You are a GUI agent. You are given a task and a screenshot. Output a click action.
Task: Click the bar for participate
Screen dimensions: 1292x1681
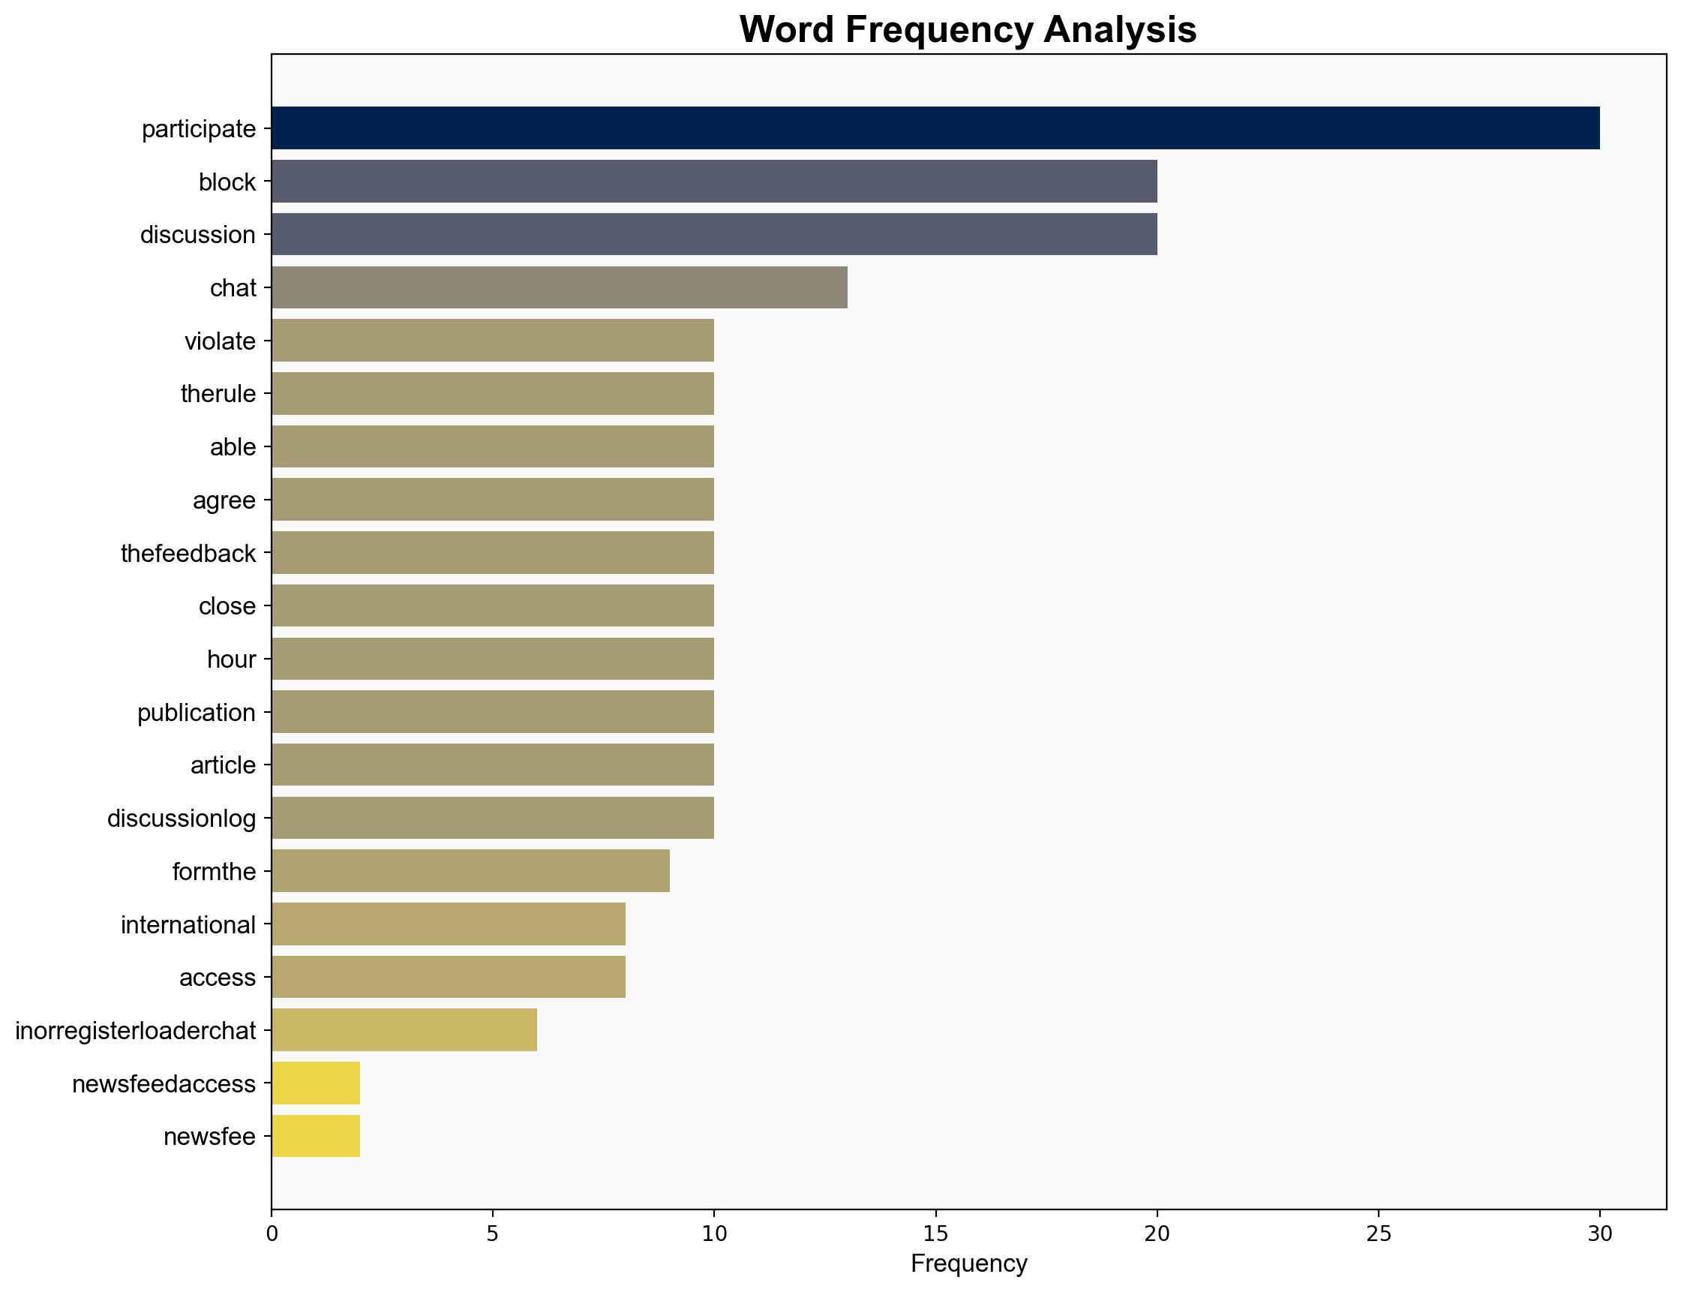point(935,128)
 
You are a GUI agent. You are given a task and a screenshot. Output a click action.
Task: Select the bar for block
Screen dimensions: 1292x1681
point(713,181)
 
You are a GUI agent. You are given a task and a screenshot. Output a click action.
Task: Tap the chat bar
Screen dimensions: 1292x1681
point(559,287)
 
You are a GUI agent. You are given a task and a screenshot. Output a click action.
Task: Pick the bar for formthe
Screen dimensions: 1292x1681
point(470,870)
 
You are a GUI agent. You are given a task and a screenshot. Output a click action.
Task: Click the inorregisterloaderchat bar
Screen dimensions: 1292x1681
point(404,1029)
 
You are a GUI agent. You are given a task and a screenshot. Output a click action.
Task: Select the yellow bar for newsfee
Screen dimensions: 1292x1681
point(315,1136)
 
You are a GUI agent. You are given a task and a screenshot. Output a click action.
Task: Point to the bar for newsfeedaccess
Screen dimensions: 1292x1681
point(315,1083)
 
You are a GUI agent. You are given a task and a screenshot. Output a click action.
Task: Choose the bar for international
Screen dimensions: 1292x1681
point(448,924)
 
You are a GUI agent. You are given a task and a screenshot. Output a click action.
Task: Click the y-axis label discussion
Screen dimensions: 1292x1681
point(197,235)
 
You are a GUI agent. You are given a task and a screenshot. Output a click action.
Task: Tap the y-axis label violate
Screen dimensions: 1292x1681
point(220,341)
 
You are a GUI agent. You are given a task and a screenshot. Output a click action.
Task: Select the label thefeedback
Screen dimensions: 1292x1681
point(188,553)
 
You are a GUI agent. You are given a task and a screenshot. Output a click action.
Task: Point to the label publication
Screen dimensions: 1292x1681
point(196,712)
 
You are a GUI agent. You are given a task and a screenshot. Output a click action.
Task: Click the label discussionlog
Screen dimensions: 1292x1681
point(182,819)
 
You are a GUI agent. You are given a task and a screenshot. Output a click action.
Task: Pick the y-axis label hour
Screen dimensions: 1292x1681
point(231,659)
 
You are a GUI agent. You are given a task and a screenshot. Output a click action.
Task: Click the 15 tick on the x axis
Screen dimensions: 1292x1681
point(935,1233)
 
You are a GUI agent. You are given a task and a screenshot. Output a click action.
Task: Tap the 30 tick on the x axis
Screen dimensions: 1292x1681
point(1599,1233)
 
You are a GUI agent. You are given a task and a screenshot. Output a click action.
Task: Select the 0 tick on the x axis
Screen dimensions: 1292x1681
point(272,1233)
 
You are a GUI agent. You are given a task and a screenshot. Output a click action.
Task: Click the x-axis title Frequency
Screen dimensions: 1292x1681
point(968,1263)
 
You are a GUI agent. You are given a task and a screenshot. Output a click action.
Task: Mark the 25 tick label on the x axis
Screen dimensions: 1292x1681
point(1378,1233)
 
